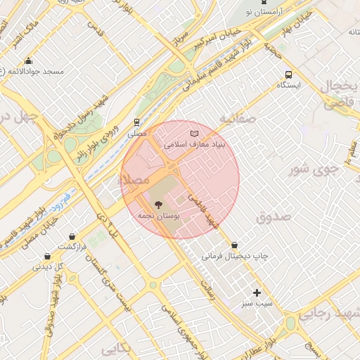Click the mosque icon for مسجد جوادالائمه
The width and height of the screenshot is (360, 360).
[x=28, y=60]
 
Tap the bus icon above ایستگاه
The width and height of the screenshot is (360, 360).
[x=288, y=75]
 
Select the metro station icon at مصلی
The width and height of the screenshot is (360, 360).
[x=136, y=121]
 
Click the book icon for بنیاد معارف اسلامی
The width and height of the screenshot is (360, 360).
[x=195, y=133]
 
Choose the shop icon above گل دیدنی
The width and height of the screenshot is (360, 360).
[x=47, y=257]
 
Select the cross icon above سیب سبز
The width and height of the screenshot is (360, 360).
[x=257, y=292]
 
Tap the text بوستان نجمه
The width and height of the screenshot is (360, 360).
[x=159, y=217]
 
